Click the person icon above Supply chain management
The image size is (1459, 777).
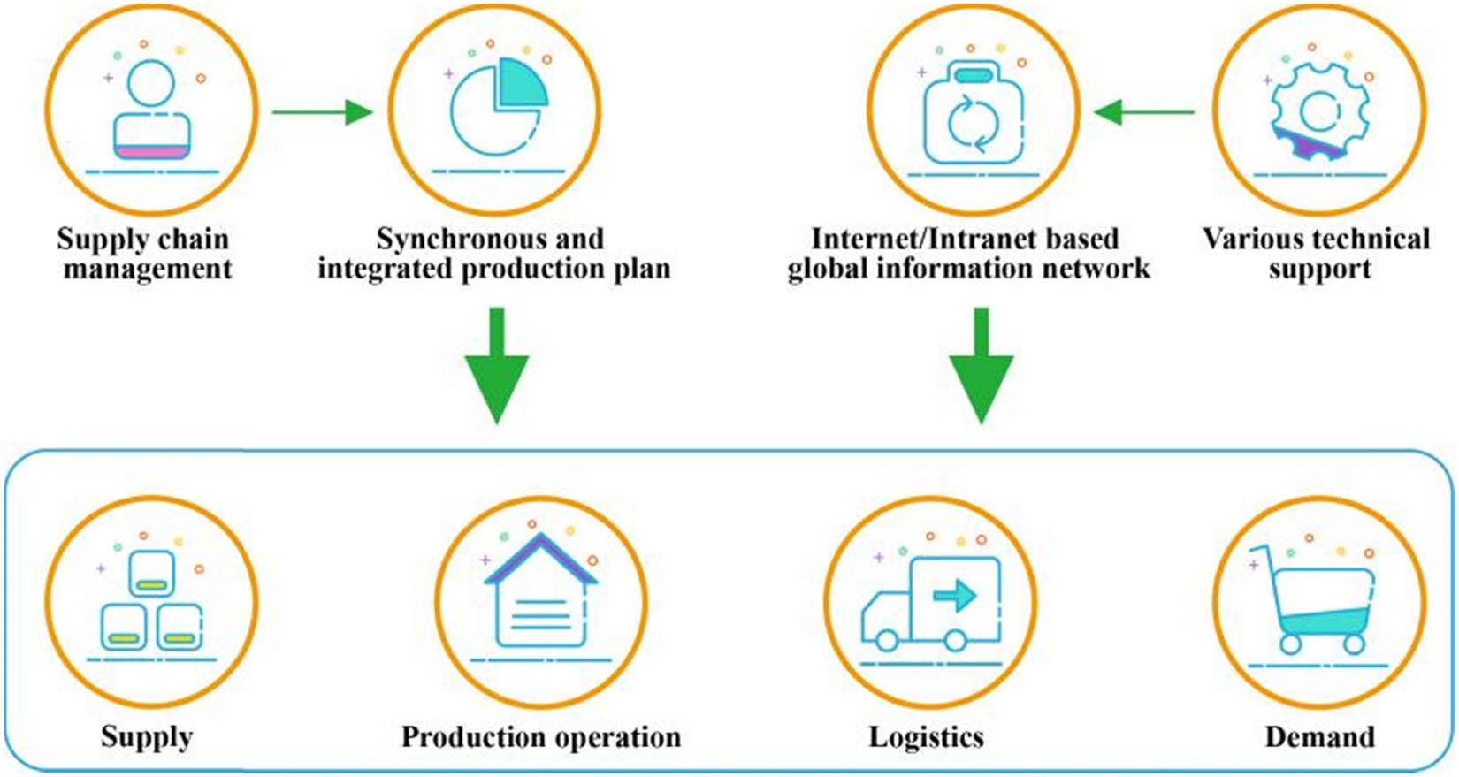point(152,110)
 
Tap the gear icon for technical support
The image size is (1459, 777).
point(1319,112)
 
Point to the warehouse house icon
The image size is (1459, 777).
point(540,594)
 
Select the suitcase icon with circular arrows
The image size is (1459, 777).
point(973,112)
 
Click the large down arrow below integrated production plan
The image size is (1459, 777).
point(497,367)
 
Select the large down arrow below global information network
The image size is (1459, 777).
point(981,367)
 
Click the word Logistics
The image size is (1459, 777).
point(926,737)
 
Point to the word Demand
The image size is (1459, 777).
point(1319,737)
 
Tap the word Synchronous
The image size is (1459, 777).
point(451,240)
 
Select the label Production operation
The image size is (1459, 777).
point(540,737)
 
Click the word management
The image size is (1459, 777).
point(148,269)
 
